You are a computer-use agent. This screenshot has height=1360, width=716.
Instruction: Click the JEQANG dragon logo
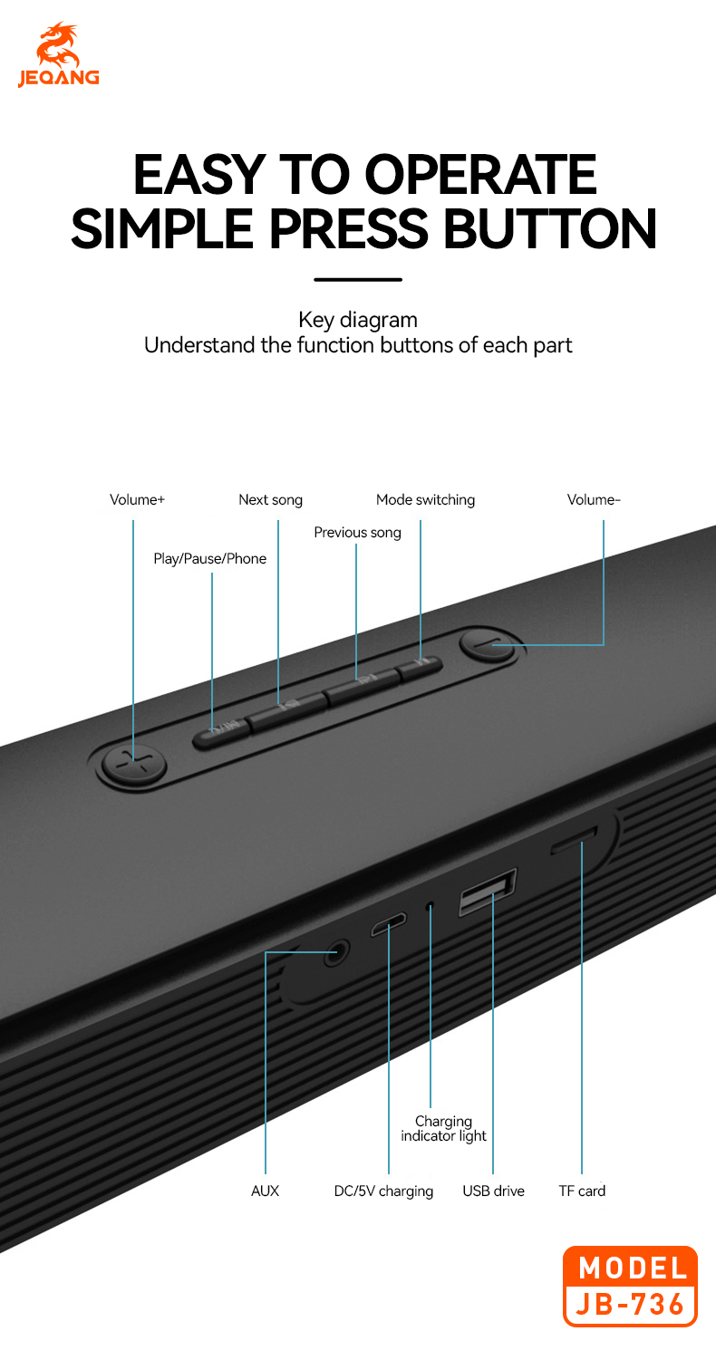[58, 54]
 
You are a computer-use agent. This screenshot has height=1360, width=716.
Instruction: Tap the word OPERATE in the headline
[481, 175]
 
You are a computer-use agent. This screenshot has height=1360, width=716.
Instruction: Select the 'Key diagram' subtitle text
[358, 320]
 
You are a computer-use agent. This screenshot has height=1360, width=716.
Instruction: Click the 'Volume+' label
[137, 499]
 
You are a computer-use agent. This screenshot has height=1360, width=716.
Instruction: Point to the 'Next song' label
[270, 500]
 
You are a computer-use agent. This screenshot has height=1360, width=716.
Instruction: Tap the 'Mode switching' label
[425, 500]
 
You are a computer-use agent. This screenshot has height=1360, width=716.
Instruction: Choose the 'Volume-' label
[594, 499]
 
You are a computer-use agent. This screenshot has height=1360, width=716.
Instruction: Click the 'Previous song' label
[357, 533]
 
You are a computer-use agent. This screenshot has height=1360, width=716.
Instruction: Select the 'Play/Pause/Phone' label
[209, 558]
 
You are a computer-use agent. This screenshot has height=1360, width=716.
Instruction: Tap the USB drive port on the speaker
[488, 892]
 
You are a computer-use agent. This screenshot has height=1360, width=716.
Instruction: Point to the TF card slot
[574, 840]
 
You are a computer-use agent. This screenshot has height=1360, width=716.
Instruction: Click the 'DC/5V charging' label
[383, 1191]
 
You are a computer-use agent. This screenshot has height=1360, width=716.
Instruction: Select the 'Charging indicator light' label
[443, 1128]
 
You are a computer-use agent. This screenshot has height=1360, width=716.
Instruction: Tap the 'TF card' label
[582, 1191]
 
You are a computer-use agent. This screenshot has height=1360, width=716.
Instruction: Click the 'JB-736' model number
[631, 1304]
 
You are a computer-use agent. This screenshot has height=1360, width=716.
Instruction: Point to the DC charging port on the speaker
[389, 924]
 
